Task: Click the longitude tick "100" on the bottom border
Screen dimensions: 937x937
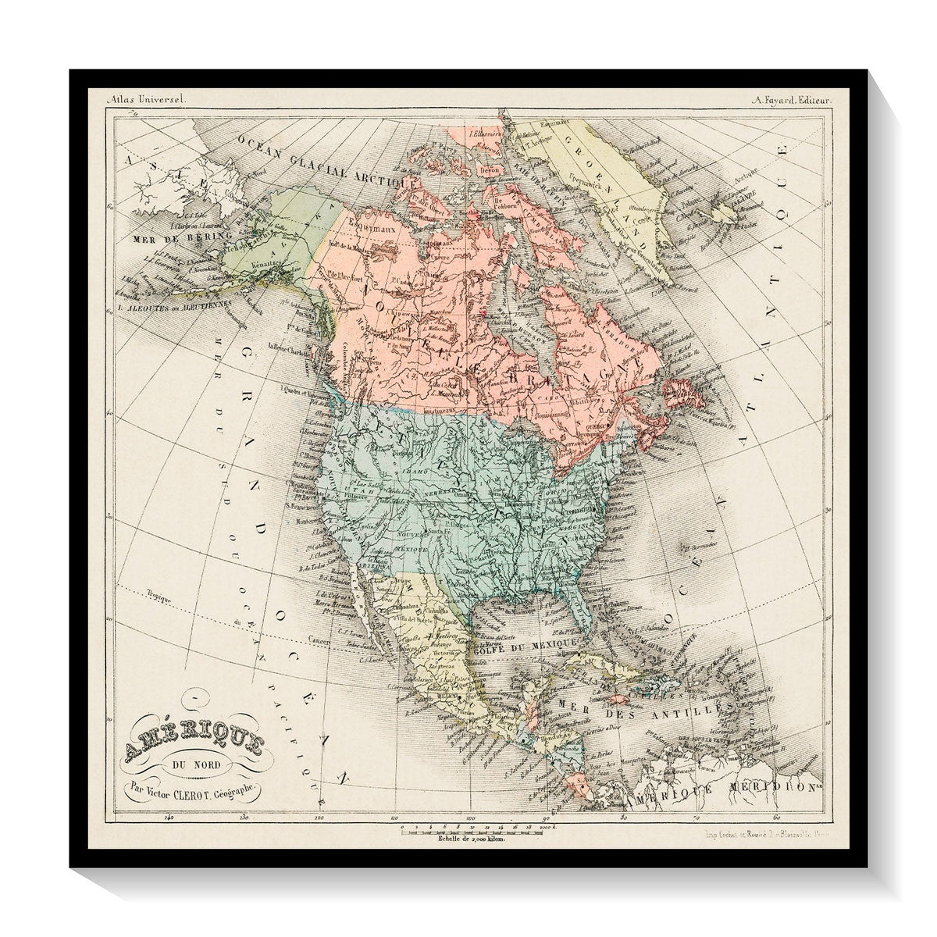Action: (470, 820)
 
